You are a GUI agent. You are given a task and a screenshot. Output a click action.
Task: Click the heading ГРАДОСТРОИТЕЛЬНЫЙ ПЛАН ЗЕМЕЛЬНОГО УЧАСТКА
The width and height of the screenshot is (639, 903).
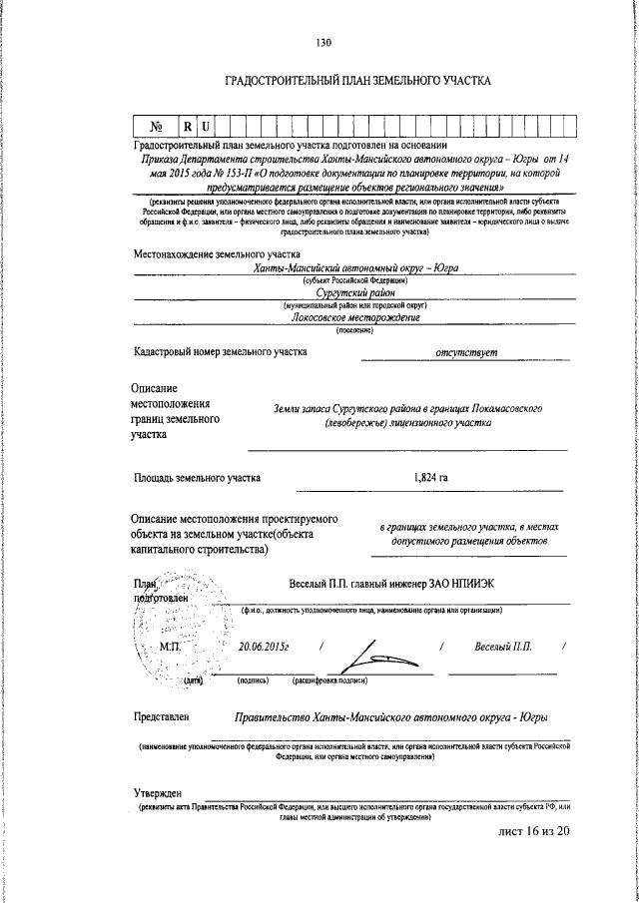(x=358, y=80)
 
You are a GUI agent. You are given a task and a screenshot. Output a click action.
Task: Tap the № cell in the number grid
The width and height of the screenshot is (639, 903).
(x=156, y=128)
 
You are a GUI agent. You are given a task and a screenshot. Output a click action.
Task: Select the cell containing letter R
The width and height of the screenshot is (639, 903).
(x=187, y=128)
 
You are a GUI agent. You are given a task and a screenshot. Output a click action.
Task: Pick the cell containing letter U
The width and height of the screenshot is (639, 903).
(x=205, y=128)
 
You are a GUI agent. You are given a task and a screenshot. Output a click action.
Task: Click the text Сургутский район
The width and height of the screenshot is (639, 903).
(x=354, y=293)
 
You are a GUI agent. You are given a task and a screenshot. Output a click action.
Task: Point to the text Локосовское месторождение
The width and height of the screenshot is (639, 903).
(x=354, y=318)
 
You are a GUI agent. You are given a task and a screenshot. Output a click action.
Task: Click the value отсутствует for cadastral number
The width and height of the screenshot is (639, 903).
(x=465, y=351)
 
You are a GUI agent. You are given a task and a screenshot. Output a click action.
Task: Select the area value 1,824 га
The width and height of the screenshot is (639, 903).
(x=429, y=478)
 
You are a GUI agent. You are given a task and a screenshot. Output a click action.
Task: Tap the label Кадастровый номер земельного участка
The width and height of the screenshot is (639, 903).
(x=221, y=351)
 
